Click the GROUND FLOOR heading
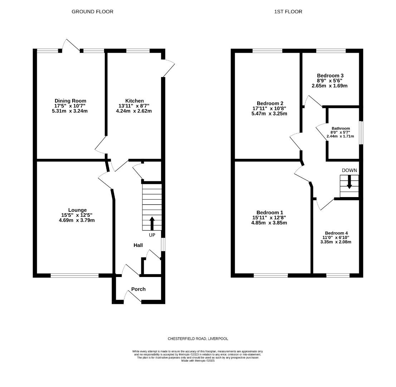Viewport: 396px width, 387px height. (92, 11)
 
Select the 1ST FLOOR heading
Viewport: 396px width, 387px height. (288, 11)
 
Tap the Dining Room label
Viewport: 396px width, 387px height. (70, 101)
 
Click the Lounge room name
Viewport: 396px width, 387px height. (77, 210)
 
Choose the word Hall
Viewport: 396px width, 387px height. (138, 245)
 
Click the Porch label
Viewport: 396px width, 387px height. (138, 289)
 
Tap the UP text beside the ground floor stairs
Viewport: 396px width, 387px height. (152, 235)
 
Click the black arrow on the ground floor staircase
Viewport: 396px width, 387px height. (152, 223)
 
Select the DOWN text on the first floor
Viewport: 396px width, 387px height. (349, 170)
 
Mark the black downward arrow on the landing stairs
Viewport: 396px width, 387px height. (349, 182)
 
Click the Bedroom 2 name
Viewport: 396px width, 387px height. (269, 103)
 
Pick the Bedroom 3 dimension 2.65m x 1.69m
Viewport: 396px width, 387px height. (329, 86)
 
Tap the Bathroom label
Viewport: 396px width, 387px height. (341, 128)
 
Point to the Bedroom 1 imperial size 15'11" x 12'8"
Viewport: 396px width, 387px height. (269, 218)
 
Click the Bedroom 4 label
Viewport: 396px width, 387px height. (336, 233)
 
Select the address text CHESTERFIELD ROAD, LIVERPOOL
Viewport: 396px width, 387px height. (198, 339)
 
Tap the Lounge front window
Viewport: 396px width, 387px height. (74, 276)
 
